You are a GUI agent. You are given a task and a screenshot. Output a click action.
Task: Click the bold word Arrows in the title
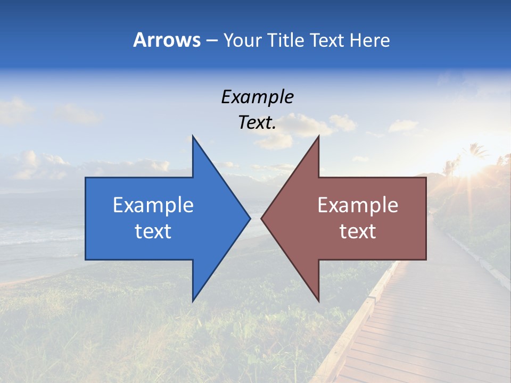167,40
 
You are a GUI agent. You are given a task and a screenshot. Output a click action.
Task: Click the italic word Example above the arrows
257,97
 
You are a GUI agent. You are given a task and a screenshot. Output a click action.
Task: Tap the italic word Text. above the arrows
257,123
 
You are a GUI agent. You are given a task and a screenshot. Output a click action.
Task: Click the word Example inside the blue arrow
153,205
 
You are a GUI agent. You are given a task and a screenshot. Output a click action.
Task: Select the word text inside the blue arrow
153,231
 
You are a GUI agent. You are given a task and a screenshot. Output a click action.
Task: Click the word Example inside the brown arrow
358,205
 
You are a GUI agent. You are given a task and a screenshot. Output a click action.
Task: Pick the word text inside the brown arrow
358,231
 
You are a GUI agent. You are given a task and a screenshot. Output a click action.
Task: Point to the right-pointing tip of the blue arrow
250,218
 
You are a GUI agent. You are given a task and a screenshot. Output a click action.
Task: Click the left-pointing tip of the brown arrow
261,218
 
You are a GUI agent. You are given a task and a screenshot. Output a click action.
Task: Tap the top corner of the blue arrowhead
193,136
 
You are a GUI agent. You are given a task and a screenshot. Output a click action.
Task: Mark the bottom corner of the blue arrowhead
193,301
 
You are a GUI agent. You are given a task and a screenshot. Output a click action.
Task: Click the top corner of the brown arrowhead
318,136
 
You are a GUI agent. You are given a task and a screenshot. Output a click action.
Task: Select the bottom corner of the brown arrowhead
318,301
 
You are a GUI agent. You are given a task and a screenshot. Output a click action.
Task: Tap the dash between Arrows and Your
211,40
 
